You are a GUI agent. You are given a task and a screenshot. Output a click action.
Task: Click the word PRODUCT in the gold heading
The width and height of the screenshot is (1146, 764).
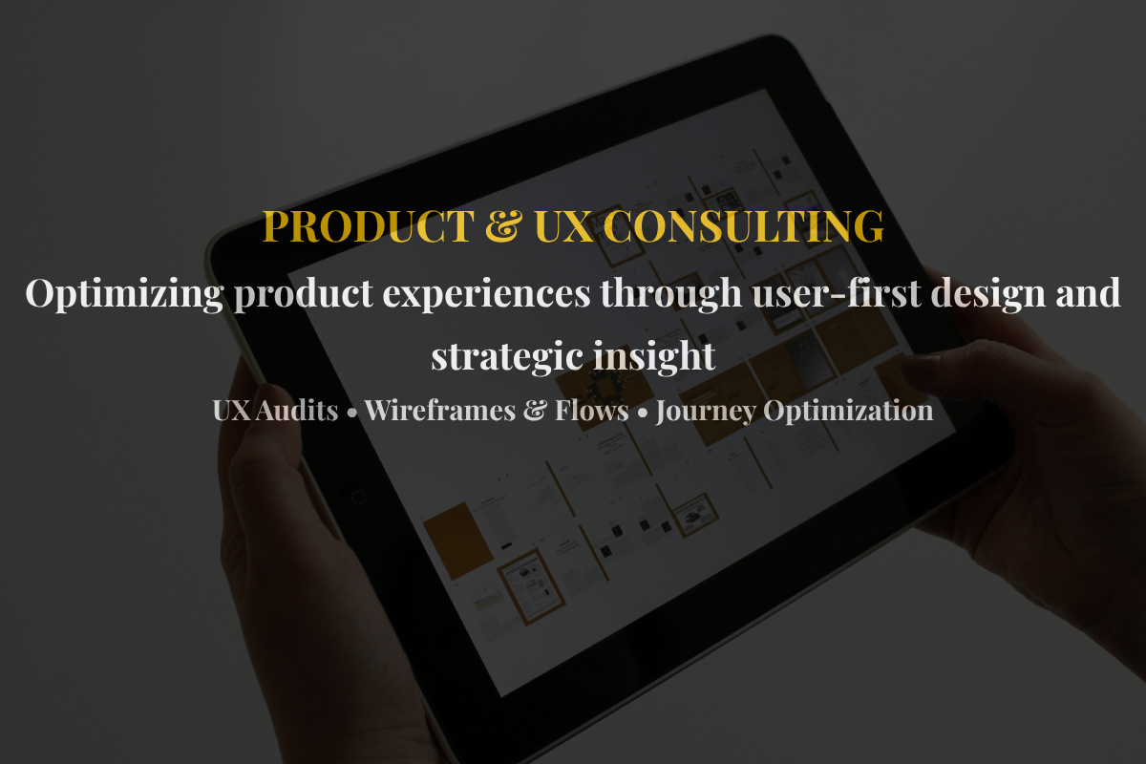[x=369, y=225]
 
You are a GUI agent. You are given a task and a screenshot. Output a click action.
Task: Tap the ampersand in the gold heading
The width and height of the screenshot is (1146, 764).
[x=504, y=225]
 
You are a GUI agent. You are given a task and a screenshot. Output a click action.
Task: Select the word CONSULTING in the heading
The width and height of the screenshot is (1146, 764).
[x=743, y=225]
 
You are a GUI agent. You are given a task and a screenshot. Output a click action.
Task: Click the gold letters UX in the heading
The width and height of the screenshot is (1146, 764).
[x=563, y=225]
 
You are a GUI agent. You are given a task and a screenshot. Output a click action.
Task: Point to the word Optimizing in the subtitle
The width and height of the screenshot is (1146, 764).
[x=124, y=294]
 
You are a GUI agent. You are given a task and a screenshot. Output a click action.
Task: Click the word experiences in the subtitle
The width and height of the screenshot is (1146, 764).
[x=486, y=294]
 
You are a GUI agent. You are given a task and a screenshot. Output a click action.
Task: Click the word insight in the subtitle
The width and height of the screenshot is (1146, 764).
[x=654, y=356]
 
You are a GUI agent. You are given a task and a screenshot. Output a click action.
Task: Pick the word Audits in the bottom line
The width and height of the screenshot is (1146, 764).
[x=297, y=411]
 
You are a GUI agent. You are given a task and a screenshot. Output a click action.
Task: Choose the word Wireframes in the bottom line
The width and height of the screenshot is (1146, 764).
[x=440, y=411]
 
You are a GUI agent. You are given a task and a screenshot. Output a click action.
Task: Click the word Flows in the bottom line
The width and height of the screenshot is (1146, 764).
[x=592, y=411]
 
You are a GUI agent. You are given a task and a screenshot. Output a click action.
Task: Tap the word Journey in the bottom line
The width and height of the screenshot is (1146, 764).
[x=706, y=412]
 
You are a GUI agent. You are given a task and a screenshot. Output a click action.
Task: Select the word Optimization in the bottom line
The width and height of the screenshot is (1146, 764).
[x=849, y=412]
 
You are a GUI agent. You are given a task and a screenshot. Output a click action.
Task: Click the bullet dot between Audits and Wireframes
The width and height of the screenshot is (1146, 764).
[x=351, y=414]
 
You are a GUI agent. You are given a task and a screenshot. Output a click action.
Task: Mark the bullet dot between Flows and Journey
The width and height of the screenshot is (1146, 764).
[x=643, y=414]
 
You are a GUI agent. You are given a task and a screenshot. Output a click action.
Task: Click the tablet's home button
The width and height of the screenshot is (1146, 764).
[x=358, y=498]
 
